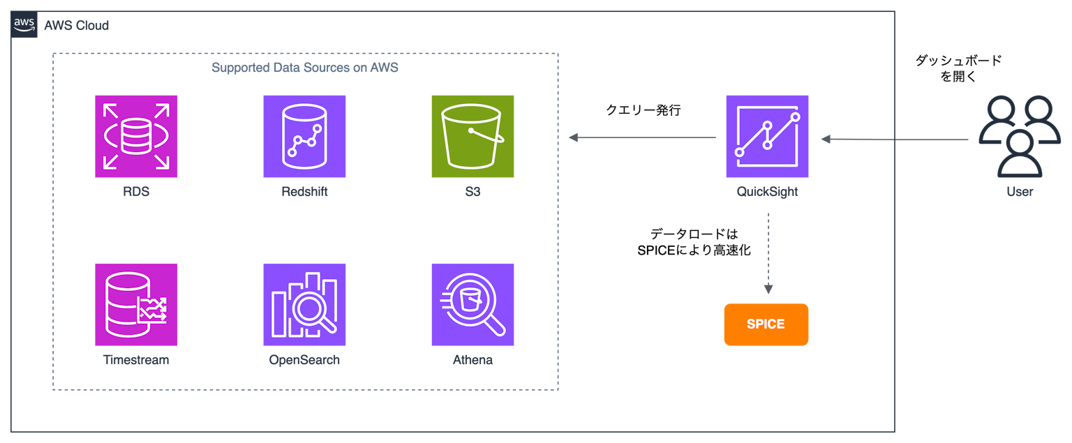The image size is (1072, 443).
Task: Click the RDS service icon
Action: click(136, 136)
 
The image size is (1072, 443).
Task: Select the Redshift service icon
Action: click(304, 136)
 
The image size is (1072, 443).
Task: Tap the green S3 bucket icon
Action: click(472, 136)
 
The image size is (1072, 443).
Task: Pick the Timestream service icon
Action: click(136, 304)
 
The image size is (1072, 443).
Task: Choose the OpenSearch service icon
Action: click(304, 304)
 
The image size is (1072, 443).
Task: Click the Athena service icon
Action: click(472, 304)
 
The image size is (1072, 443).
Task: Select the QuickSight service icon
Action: click(767, 136)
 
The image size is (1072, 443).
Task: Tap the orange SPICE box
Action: click(766, 324)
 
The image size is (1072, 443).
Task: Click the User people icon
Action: click(1019, 136)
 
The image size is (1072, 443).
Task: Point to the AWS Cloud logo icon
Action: click(24, 26)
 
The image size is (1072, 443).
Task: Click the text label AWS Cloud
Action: click(76, 26)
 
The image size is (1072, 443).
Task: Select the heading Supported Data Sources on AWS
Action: click(305, 68)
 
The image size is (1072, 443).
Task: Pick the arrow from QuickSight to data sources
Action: click(642, 138)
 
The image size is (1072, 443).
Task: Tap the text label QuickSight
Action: click(767, 191)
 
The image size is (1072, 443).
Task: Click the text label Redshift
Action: click(304, 191)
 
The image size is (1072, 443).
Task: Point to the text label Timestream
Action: click(136, 360)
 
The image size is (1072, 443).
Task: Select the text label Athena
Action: click(472, 360)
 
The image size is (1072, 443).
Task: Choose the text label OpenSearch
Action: click(304, 360)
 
